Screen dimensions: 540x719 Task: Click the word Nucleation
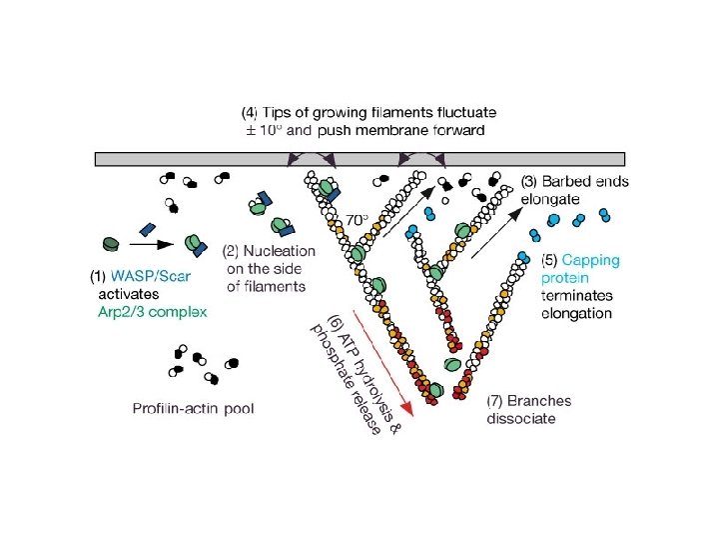tap(281, 251)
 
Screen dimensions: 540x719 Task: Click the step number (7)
tap(496, 401)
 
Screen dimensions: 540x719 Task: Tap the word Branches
tap(540, 401)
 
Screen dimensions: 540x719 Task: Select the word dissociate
tap(521, 418)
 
